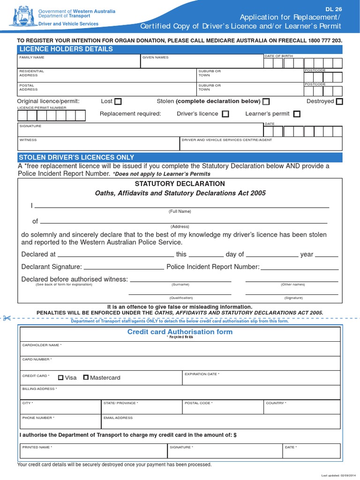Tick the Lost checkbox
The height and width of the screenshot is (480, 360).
[x=118, y=101]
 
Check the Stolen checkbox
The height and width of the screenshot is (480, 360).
[x=266, y=101]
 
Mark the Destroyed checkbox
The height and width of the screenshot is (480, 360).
[x=339, y=101]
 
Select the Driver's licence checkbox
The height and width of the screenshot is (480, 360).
[x=225, y=114]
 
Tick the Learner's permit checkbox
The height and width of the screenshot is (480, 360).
[x=297, y=114]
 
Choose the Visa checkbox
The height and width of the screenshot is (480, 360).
[x=61, y=377]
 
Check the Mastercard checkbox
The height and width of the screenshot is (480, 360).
[x=86, y=377]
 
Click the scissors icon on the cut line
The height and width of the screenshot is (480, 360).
[x=7, y=319]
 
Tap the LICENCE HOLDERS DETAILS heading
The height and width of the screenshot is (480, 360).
[x=65, y=49]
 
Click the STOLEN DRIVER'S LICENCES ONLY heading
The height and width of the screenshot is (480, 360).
[x=76, y=157]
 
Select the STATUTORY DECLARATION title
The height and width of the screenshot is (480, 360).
[x=180, y=184]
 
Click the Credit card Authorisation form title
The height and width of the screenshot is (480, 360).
[x=180, y=332]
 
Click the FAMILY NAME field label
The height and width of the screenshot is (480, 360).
[x=32, y=57]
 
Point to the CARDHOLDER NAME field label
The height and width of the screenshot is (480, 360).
[x=42, y=345]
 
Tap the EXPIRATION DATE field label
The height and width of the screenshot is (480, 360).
[x=202, y=374]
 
